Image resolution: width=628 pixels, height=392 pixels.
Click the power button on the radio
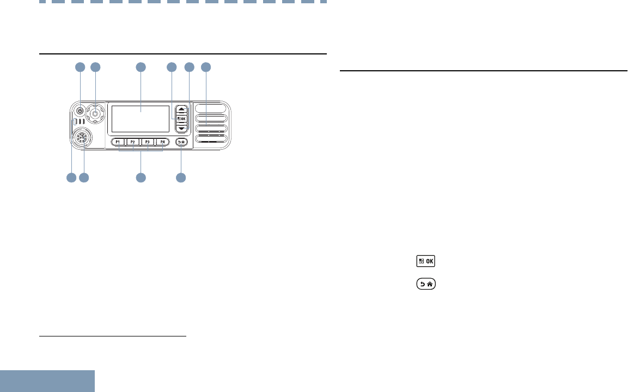80,111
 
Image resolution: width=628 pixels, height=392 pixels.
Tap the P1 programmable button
118,142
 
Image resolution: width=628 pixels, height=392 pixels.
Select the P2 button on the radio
132,142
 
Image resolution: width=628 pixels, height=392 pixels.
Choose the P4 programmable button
162,142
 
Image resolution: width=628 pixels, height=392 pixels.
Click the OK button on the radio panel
182,118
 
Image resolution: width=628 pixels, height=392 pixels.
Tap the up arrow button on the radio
182,109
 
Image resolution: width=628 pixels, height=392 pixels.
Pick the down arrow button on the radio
182,128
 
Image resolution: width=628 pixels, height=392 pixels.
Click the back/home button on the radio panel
181,142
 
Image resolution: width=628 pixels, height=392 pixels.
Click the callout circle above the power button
80,68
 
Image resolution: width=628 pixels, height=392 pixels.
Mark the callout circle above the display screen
141,68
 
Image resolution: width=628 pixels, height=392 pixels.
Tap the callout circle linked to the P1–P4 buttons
141,177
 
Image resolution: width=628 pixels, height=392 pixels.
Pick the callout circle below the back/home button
181,177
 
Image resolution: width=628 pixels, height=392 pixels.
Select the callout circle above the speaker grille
206,68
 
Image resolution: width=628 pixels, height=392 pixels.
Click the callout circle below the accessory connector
84,177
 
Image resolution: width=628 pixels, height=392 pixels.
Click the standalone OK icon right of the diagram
426,261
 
